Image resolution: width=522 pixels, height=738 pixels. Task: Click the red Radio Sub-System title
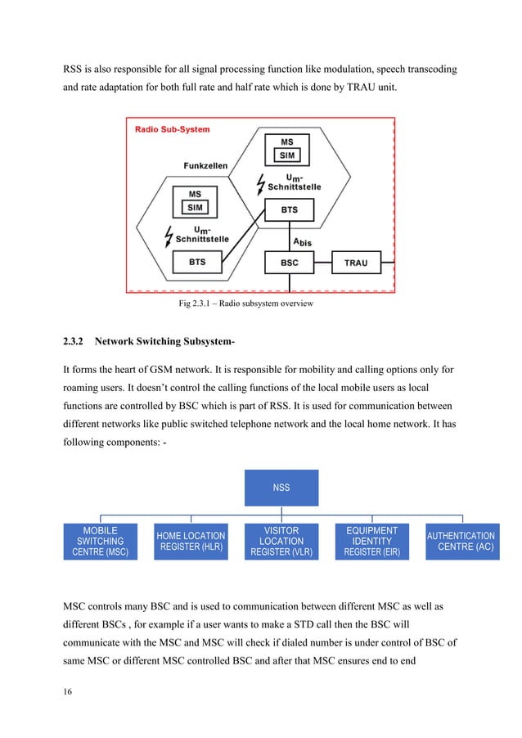(172, 128)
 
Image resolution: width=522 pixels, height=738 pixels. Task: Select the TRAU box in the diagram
(356, 263)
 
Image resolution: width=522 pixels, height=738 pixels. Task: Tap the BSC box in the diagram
(289, 263)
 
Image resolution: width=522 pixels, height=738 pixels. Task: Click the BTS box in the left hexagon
(197, 263)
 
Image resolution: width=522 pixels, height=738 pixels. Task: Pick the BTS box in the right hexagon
(289, 210)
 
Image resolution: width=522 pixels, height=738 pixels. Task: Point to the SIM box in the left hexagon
(196, 208)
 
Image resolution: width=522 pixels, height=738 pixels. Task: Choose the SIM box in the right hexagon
(287, 155)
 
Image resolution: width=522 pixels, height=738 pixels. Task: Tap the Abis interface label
(302, 241)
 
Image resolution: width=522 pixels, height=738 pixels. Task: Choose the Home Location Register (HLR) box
(191, 542)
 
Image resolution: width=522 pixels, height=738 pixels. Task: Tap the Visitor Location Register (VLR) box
(281, 542)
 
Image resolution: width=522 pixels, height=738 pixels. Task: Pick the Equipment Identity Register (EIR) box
(372, 542)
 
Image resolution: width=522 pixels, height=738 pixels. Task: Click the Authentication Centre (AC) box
(462, 542)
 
